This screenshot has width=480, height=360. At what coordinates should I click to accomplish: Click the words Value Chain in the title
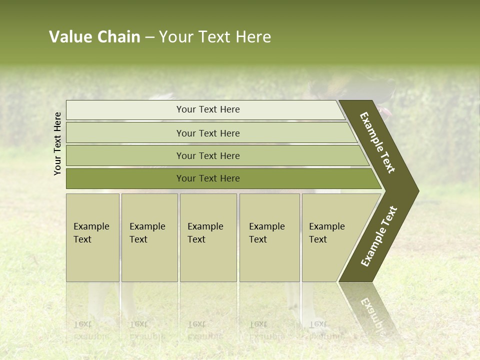point(94,37)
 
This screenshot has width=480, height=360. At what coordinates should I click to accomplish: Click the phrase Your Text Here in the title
point(215,37)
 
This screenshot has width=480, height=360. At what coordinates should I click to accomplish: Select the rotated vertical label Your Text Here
point(58,143)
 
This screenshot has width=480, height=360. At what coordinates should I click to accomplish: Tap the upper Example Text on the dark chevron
point(377,142)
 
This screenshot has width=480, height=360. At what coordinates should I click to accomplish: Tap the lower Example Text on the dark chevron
point(379,236)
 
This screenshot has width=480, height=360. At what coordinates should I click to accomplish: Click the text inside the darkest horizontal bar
point(208,178)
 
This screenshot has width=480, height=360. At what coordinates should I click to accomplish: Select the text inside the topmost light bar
point(208,109)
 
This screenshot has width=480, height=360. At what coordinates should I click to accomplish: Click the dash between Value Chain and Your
point(149,37)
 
